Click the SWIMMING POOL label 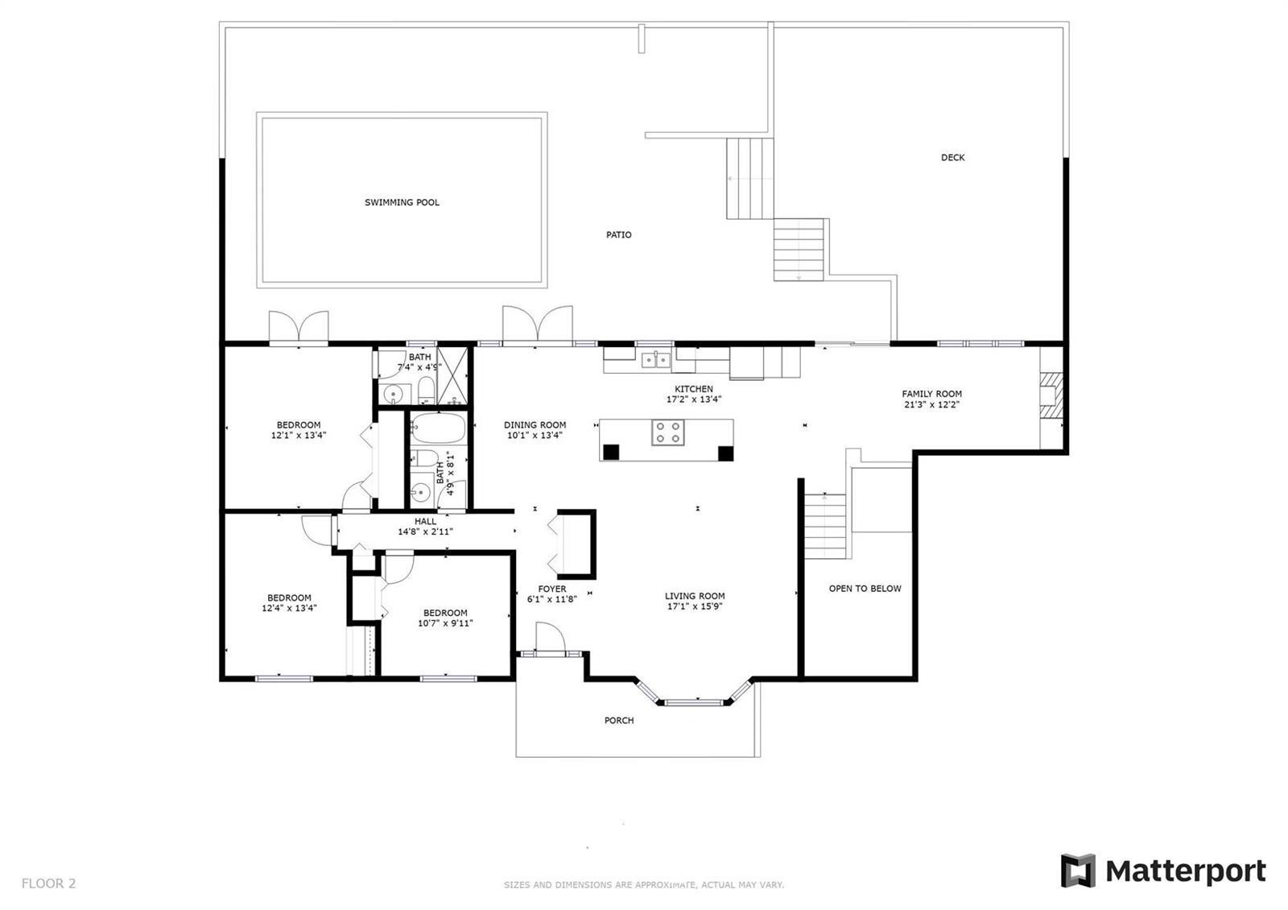coord(402,202)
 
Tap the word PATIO coord(619,234)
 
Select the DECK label coord(953,157)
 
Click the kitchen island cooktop coord(667,432)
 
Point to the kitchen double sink coord(655,360)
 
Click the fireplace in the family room coord(1051,398)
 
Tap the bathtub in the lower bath coord(438,428)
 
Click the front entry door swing coord(551,637)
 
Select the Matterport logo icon coord(1078,871)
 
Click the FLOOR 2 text coord(48,883)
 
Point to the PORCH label coord(619,720)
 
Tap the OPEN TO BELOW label coord(865,589)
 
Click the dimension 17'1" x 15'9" coord(695,606)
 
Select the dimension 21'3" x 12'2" coord(931,404)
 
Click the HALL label coord(426,521)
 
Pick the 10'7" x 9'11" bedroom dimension coord(445,623)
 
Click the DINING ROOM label coord(535,425)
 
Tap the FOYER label coord(552,589)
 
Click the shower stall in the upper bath coord(452,375)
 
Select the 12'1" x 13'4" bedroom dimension coord(299,436)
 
